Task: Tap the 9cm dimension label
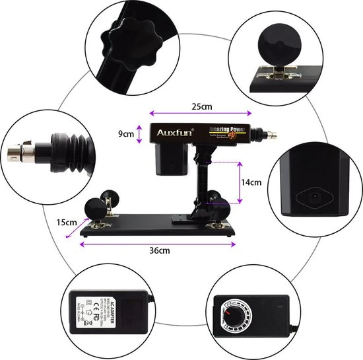pyautogui.click(x=125, y=133)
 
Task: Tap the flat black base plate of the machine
pyautogui.click(x=158, y=228)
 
